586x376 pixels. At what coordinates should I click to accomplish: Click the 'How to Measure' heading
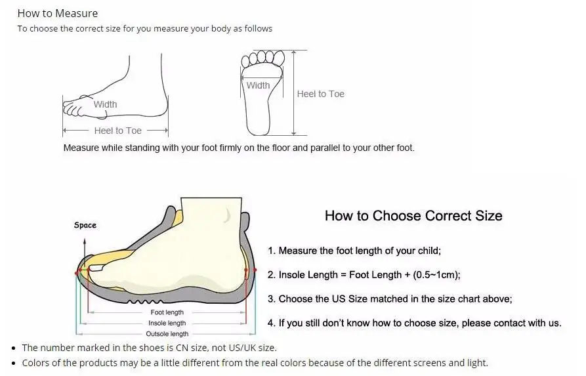click(57, 13)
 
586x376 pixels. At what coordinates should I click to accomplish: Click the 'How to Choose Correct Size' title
click(413, 216)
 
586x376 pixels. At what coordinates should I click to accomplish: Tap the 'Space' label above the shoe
click(85, 225)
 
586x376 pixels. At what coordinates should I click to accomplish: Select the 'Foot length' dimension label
click(167, 312)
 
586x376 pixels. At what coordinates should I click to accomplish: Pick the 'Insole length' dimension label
click(167, 323)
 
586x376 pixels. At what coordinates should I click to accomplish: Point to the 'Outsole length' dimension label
click(167, 334)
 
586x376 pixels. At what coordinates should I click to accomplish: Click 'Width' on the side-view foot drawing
click(105, 104)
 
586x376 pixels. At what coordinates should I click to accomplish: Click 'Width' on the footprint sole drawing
click(258, 85)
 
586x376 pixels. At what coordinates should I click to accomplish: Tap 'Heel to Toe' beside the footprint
click(320, 94)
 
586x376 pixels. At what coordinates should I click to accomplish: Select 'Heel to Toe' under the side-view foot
click(117, 131)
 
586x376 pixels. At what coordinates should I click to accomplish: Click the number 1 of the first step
click(270, 251)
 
